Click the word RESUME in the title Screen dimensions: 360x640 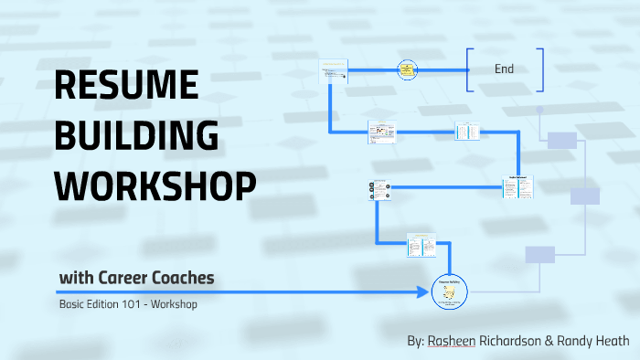(x=127, y=86)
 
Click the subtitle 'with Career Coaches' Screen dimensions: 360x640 (x=137, y=278)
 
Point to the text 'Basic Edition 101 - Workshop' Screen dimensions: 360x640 (x=128, y=304)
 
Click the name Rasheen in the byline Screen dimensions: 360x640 (x=453, y=341)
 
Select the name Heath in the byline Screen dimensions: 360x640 (x=610, y=341)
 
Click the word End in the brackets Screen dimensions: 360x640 (x=504, y=69)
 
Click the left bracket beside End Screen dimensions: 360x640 (x=468, y=69)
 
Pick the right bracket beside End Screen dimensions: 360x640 (x=541, y=69)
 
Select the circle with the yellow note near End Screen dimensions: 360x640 (x=407, y=69)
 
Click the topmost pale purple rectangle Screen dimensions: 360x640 (x=561, y=141)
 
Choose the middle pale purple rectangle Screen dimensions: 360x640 (x=584, y=196)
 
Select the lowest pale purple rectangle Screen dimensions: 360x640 (x=540, y=254)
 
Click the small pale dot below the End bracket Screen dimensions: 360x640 (x=540, y=110)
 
